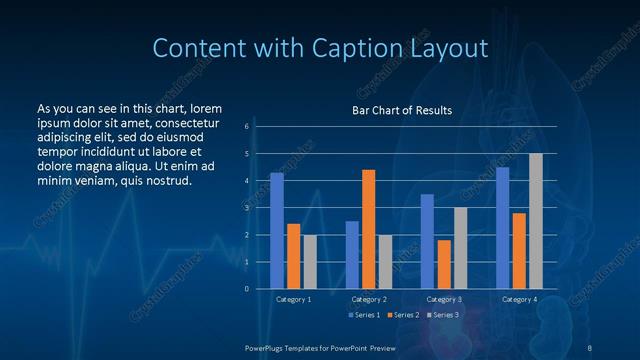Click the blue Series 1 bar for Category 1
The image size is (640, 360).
(277, 231)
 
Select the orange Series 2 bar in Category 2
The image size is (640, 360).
(369, 229)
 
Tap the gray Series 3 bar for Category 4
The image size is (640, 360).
(536, 221)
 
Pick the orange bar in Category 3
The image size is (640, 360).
(444, 264)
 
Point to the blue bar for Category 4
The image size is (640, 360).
(503, 228)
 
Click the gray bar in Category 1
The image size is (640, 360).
(310, 262)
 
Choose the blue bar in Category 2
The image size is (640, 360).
(352, 255)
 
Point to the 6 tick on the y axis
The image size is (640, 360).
(246, 127)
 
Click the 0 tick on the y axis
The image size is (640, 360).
(246, 289)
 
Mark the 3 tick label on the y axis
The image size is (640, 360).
(246, 208)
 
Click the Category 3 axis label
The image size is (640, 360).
(444, 299)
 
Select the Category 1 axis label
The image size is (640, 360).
(294, 299)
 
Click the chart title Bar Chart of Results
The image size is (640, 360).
(402, 110)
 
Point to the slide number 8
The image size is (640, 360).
(589, 347)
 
